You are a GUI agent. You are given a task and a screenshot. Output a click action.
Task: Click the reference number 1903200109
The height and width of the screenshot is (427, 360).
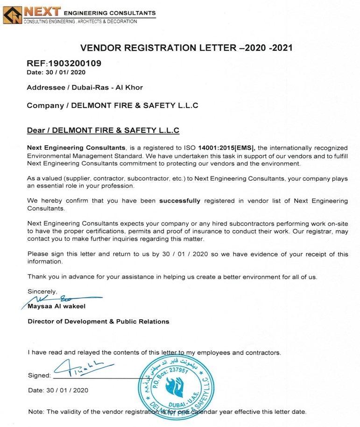pyautogui.click(x=75, y=63)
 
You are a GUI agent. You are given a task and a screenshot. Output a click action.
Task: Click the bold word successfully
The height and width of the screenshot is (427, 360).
pyautogui.click(x=180, y=201)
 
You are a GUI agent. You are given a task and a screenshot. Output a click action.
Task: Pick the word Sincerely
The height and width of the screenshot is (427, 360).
pyautogui.click(x=42, y=291)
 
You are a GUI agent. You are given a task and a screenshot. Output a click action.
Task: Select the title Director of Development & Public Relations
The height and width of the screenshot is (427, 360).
pyautogui.click(x=99, y=322)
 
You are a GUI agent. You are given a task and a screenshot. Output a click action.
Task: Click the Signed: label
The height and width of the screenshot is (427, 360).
pyautogui.click(x=39, y=375)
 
